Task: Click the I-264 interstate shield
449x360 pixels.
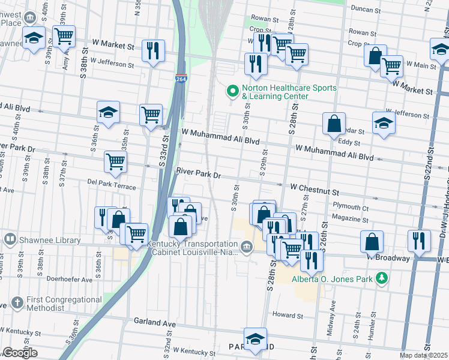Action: (181, 78)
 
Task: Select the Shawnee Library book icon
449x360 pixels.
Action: (10, 240)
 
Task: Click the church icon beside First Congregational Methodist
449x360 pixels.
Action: (17, 303)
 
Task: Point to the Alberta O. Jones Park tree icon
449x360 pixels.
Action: (381, 278)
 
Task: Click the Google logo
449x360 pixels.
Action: (20, 353)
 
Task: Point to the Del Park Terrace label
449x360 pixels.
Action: (112, 183)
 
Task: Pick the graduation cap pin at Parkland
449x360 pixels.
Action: (256, 338)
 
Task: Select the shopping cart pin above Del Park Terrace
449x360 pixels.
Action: (115, 160)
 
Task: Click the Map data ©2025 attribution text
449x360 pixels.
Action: (424, 355)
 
